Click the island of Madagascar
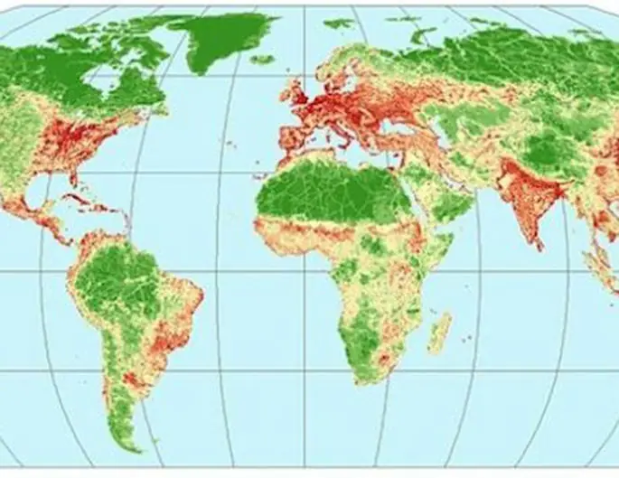(440, 333)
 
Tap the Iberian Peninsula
(294, 140)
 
